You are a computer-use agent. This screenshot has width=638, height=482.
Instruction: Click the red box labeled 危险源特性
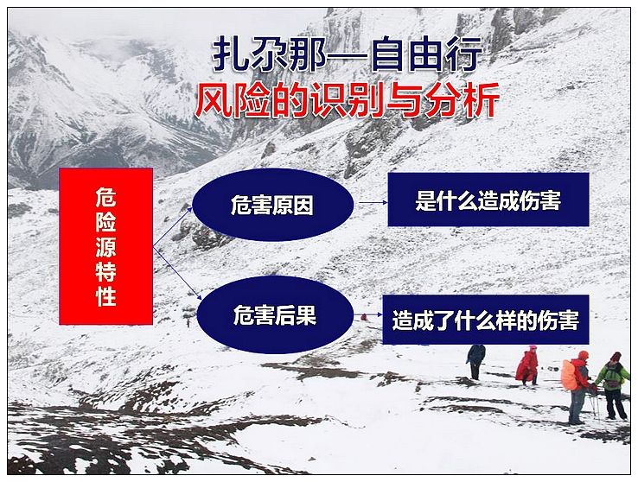105,246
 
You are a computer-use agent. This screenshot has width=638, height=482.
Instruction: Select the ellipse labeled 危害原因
272,205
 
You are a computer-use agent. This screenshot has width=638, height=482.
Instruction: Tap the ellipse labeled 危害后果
275,314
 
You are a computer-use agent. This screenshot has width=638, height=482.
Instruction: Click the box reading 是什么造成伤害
488,200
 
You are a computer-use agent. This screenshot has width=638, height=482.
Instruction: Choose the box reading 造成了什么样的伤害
486,320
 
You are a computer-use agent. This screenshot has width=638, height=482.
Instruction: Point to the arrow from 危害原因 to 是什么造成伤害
373,202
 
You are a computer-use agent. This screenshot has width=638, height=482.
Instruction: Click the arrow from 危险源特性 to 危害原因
173,227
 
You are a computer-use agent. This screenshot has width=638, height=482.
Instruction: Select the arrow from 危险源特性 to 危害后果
177,273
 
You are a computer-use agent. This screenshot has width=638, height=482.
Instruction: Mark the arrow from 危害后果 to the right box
368,314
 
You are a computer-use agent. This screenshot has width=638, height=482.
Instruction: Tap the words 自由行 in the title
428,54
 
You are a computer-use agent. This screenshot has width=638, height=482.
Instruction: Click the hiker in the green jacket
614,385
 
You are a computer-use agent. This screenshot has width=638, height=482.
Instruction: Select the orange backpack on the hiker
570,376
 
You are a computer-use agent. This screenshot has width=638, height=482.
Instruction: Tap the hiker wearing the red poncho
527,365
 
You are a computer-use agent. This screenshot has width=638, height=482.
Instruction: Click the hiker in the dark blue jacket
475,361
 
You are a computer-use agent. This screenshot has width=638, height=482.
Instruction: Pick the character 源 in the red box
105,247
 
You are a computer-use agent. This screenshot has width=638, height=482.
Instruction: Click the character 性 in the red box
105,296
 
